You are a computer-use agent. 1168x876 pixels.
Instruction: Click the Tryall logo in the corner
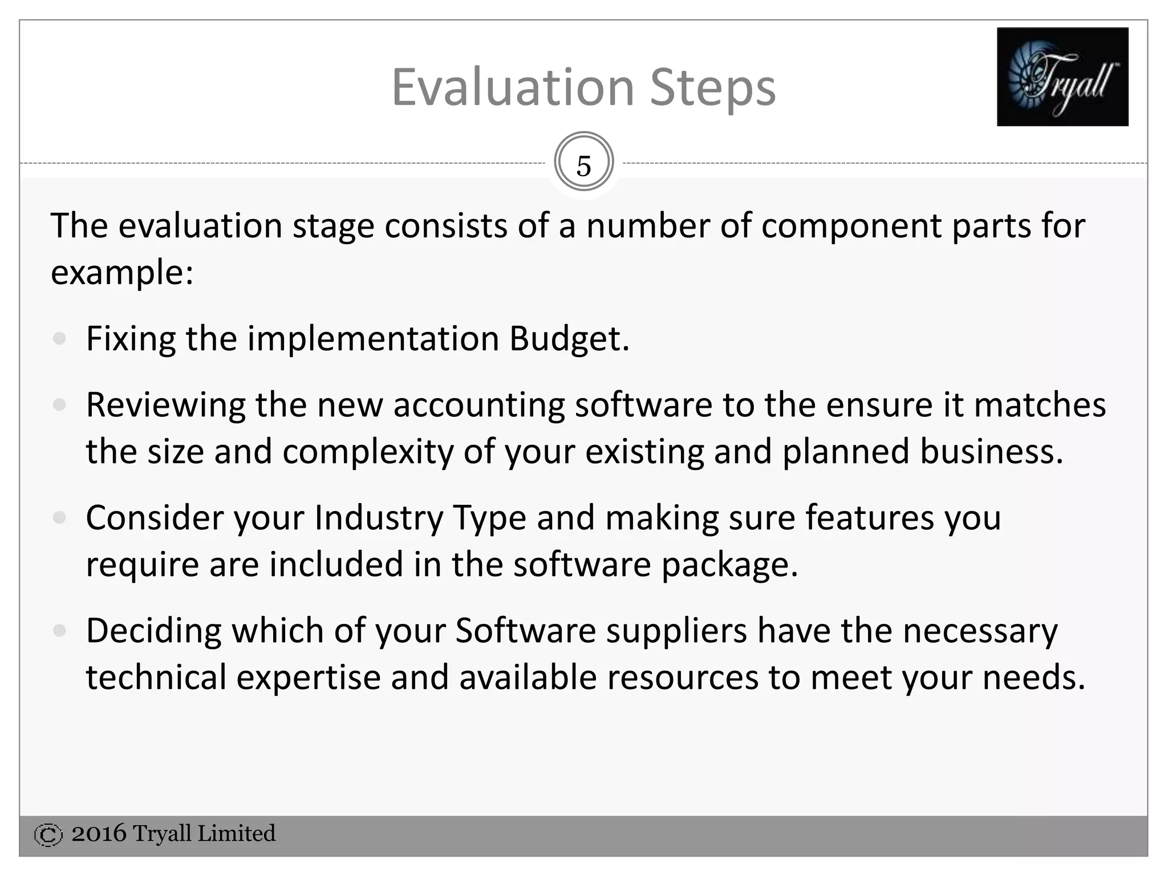[x=1062, y=76]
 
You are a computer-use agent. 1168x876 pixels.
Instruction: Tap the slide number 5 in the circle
[x=583, y=166]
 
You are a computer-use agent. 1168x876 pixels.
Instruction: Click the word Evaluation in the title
[x=513, y=88]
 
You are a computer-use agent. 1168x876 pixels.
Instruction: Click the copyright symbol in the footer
[x=48, y=835]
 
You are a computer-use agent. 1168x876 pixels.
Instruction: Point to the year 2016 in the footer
[x=99, y=834]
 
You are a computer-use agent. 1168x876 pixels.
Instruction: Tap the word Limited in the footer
[x=236, y=834]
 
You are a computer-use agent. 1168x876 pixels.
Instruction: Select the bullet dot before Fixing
[x=59, y=339]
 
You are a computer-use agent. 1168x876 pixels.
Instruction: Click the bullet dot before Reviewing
[x=59, y=405]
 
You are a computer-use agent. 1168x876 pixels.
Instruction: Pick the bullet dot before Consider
[x=59, y=518]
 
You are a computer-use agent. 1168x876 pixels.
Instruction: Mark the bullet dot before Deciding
[x=59, y=631]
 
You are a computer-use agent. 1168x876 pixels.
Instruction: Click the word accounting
[x=478, y=406]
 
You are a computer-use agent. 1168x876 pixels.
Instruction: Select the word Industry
[x=378, y=519]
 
